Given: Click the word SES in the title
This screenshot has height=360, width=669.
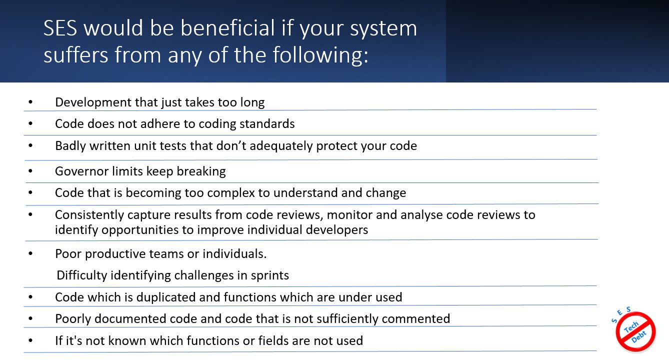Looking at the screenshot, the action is pyautogui.click(x=60, y=28).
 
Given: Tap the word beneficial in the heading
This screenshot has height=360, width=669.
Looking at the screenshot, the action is pyautogui.click(x=227, y=28).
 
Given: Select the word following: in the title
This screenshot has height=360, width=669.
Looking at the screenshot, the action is pyautogui.click(x=320, y=55).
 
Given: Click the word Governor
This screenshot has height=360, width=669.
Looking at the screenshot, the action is pyautogui.click(x=82, y=171).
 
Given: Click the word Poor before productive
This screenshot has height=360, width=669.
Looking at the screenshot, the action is pyautogui.click(x=68, y=253).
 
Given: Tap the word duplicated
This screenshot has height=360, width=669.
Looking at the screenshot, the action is pyautogui.click(x=166, y=297).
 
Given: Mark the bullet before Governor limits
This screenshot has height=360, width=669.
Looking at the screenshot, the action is pyautogui.click(x=30, y=171).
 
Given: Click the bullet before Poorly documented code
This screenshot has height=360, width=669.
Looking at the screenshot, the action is pyautogui.click(x=30, y=318).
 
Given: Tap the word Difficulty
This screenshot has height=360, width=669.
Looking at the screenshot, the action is pyautogui.click(x=82, y=275).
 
